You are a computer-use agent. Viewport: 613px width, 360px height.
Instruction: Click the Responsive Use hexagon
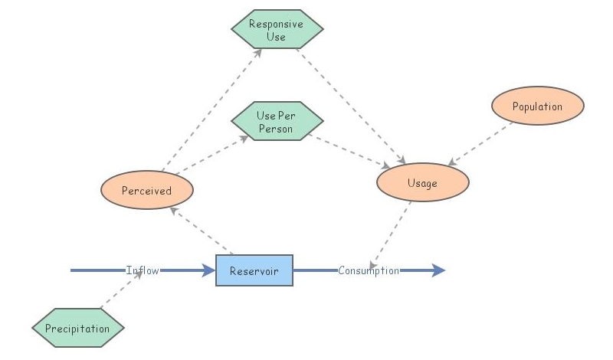click(x=277, y=31)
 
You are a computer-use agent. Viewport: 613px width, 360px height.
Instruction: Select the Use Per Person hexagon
click(x=277, y=122)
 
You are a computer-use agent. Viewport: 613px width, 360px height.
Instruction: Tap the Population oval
click(x=537, y=106)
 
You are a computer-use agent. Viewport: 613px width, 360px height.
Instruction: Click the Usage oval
click(x=422, y=183)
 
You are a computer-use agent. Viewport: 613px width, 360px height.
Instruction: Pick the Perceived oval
click(x=146, y=190)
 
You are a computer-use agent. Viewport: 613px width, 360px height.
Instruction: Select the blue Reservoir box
click(x=254, y=270)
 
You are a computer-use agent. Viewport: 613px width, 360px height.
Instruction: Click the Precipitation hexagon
click(x=77, y=329)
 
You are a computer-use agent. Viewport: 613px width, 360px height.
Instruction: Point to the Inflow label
click(x=143, y=270)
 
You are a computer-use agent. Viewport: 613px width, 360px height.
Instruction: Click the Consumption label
click(x=369, y=270)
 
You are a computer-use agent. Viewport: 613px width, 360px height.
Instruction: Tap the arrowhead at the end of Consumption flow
click(x=438, y=270)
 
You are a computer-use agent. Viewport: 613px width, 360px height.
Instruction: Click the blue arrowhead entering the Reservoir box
click(x=208, y=270)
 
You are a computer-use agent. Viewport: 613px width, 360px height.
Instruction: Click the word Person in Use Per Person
click(x=276, y=128)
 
